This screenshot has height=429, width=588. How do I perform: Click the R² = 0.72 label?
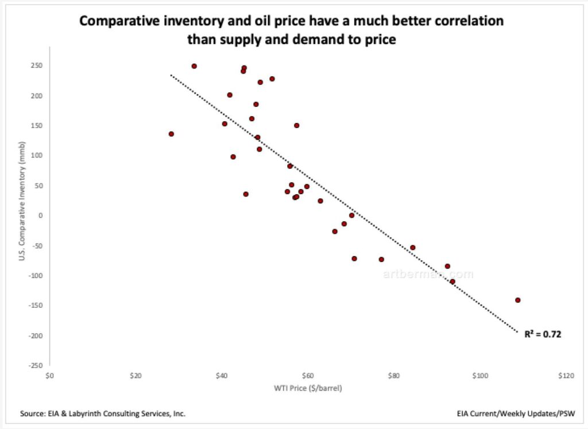542,333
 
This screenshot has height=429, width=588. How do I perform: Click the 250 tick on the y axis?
37,65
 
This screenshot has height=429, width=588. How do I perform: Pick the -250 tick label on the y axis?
36,365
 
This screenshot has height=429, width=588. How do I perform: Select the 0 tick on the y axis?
40,215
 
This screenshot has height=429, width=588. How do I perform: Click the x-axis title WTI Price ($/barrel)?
307,388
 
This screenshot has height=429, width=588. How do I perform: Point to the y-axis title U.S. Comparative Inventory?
22,215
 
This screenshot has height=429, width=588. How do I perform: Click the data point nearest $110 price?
517,300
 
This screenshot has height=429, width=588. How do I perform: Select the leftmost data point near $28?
171,134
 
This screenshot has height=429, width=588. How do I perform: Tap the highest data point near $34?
194,66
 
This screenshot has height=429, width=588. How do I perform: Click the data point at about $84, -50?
412,248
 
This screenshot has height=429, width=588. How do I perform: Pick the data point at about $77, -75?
381,260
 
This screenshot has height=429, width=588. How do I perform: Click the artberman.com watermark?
428,275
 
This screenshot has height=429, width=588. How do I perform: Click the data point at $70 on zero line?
351,215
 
